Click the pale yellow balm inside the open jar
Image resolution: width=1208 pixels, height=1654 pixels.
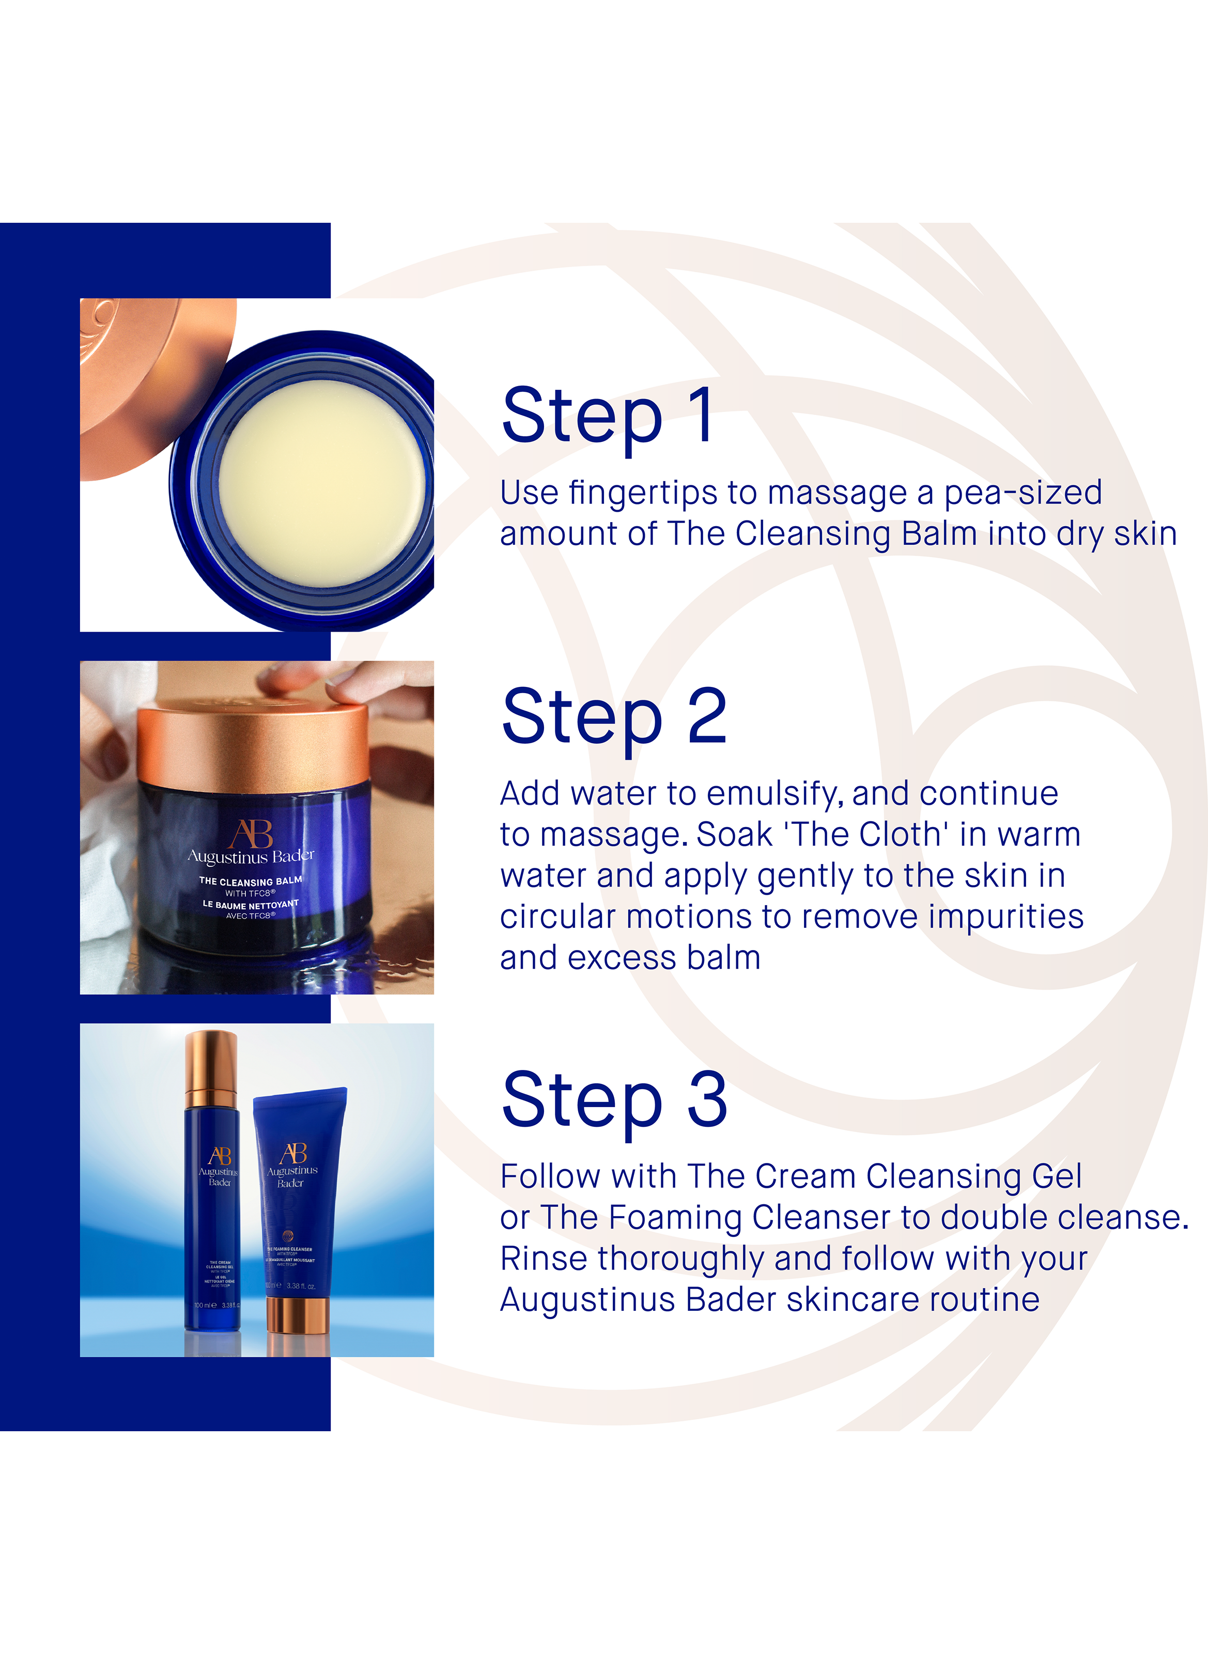pos(322,483)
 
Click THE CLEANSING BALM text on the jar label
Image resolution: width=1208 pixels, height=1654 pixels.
pos(250,881)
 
